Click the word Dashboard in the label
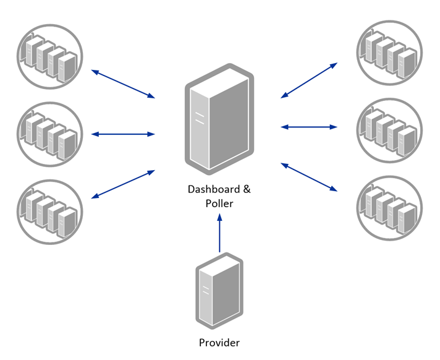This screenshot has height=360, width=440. pos(214,189)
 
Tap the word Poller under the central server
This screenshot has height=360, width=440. pos(219,204)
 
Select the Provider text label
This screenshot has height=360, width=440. pos(219,343)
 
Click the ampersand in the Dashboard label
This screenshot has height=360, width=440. pos(247,189)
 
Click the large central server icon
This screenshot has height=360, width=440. pos(219,119)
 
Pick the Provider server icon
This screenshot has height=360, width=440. pos(219,291)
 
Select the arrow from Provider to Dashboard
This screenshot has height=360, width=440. pos(220,233)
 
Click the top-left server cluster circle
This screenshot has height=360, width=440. pos(50,57)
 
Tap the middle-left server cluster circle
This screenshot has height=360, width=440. pos(50,134)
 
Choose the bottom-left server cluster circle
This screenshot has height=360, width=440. pos(50,212)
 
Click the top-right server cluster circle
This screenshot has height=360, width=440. pos(389,53)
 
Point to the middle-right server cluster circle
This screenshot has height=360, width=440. pos(389,131)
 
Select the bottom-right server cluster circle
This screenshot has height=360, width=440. pos(389,208)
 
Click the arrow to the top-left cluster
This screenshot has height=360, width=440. pos(123,84)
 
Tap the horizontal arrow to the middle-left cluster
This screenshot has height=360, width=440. pos(123,134)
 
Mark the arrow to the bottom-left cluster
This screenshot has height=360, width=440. pos(123,184)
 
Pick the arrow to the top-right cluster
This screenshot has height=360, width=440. pos(309,80)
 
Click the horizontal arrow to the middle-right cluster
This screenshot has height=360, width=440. pos(309,127)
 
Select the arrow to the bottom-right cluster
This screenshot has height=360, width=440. pos(309,177)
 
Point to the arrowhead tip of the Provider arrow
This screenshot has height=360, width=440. pos(220,213)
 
